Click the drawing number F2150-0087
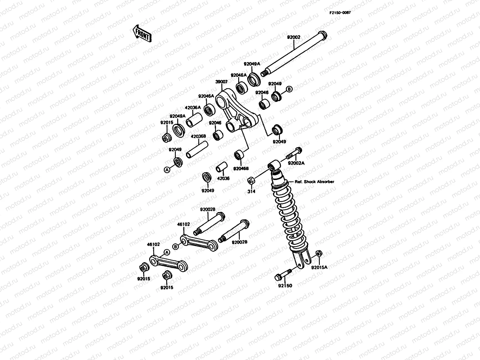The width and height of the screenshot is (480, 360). [340, 12]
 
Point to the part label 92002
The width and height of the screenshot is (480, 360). [293, 37]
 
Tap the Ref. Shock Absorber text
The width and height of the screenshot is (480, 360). [314, 182]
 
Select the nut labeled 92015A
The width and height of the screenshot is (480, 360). [319, 253]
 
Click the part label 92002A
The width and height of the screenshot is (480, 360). [296, 163]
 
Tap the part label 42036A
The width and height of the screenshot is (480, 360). [193, 107]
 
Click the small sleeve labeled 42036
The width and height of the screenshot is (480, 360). [222, 167]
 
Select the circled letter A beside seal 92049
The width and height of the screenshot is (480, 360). [167, 169]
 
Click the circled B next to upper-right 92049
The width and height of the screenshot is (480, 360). [289, 89]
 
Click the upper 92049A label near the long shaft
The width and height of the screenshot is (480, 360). [252, 64]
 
